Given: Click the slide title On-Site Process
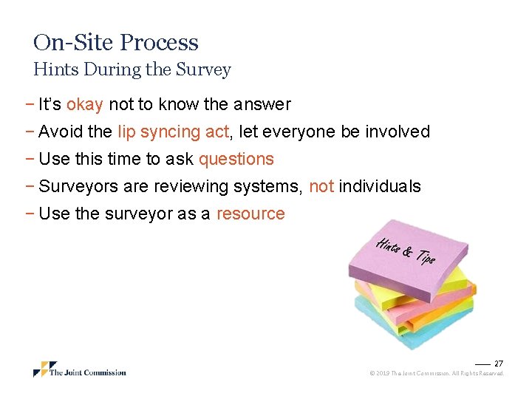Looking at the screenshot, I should click(x=116, y=43).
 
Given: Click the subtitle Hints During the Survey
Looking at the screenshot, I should click(x=132, y=70).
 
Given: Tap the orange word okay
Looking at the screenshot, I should click(x=84, y=105).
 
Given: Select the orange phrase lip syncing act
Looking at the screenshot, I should click(x=174, y=132).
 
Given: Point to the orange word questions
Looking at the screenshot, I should click(x=236, y=160).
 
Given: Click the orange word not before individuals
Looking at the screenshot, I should click(x=321, y=187).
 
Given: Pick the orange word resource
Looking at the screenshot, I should click(x=250, y=214).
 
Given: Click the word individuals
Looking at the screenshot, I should click(x=380, y=187).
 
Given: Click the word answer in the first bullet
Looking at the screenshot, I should click(x=264, y=105).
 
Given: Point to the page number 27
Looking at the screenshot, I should click(x=499, y=364).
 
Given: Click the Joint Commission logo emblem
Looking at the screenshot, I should click(x=44, y=369).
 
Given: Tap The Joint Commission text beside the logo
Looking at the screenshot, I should click(x=88, y=372).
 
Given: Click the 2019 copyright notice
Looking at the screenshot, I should click(x=437, y=374).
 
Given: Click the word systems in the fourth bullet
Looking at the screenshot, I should click(x=267, y=187).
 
